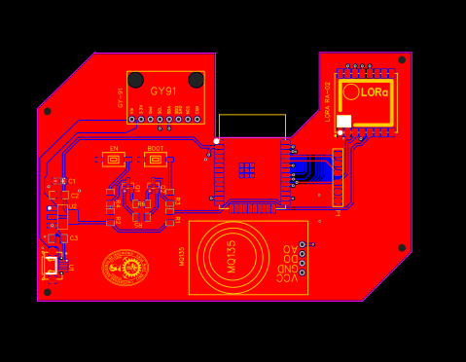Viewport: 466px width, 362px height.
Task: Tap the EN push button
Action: click(x=114, y=159)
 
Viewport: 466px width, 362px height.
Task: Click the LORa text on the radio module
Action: click(x=374, y=92)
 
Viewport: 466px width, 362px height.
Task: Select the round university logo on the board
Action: click(x=125, y=268)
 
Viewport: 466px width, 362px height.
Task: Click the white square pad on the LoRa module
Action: click(x=343, y=122)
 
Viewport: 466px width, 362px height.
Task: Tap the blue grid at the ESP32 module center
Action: click(x=247, y=170)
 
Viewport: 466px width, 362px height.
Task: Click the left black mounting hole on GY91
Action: click(x=136, y=80)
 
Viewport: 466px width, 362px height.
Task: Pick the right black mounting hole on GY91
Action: click(x=196, y=80)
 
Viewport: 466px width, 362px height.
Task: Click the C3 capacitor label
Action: click(x=74, y=237)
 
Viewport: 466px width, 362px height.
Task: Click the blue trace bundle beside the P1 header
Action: click(x=314, y=171)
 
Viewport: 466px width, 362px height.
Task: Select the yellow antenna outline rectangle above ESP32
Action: click(x=252, y=126)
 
